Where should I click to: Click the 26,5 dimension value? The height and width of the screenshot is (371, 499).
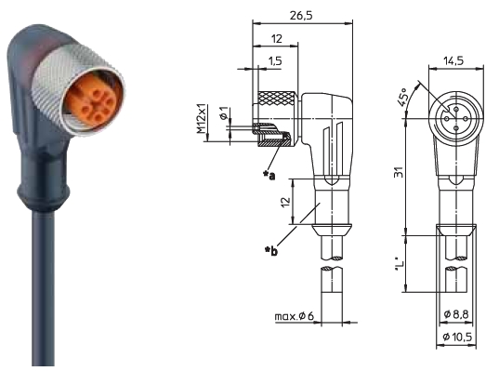point(301,15)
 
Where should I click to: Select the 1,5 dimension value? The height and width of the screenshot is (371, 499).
point(275,60)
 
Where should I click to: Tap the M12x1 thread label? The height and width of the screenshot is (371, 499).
point(201,119)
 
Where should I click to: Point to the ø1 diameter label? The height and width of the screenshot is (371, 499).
point(224,113)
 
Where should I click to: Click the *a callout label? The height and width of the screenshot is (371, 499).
point(269,175)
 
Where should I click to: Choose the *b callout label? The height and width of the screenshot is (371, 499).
point(271,251)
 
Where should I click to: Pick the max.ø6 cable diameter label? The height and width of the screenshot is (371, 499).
point(294,316)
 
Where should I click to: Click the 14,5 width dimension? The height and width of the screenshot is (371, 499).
point(453,60)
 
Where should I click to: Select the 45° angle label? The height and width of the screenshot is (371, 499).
point(402,97)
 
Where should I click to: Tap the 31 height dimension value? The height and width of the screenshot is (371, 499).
point(399,172)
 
